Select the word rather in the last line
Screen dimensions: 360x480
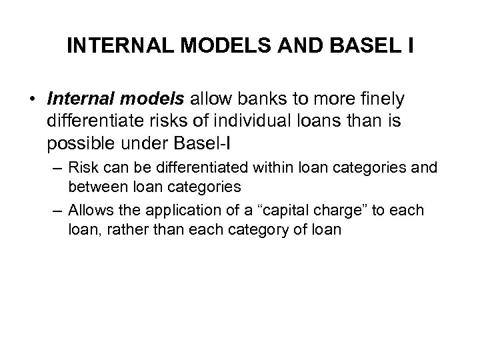pyautogui.click(x=135, y=229)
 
